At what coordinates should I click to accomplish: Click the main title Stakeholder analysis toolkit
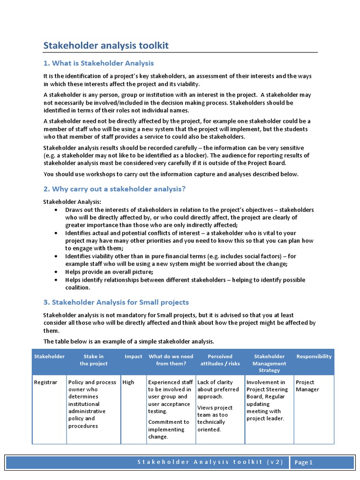point(106,45)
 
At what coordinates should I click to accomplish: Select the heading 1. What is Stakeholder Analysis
point(98,63)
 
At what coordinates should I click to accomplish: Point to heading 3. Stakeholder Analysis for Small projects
point(116,302)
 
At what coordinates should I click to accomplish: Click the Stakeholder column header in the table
point(49,356)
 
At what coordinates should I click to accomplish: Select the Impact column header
point(134,356)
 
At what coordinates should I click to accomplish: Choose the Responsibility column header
point(314,356)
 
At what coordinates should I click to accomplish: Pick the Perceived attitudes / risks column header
point(220,360)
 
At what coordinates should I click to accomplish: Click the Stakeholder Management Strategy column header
point(269,363)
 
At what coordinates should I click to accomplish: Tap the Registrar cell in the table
point(45,382)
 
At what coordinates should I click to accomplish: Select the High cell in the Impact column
point(128,382)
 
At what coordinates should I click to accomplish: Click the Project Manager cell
point(307,386)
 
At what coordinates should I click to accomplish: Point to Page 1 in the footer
point(304,463)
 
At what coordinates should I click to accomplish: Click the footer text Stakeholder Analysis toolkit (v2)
point(210,462)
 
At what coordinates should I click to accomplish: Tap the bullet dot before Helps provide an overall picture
point(56,272)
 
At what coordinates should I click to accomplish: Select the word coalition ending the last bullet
point(77,288)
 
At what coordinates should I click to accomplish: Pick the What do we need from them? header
point(171,360)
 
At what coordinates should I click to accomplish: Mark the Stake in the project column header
point(94,360)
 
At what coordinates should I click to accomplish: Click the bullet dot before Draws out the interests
point(56,210)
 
